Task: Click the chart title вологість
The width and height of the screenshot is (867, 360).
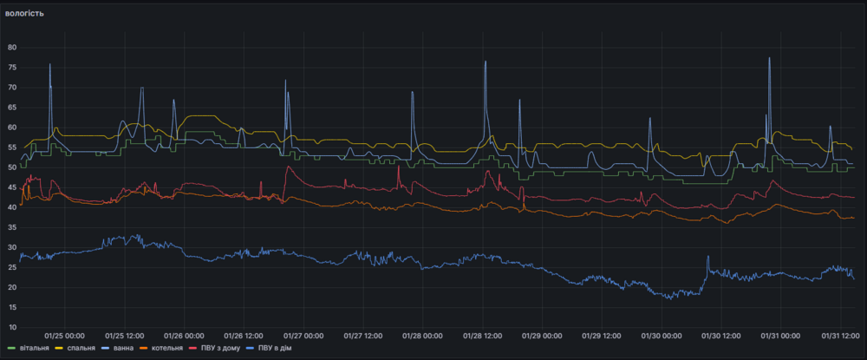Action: [24, 14]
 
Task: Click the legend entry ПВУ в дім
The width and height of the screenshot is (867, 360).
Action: [268, 349]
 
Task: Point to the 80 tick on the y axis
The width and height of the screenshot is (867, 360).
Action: [13, 47]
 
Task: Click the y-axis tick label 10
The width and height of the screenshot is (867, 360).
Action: [13, 327]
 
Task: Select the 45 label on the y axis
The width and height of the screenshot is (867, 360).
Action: [13, 187]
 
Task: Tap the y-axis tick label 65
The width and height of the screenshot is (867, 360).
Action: [13, 107]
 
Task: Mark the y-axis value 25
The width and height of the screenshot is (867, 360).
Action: [13, 267]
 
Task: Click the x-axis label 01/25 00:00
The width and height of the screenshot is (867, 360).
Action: [63, 336]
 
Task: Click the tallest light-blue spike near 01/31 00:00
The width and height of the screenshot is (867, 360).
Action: [769, 59]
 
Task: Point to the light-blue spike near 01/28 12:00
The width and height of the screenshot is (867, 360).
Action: [486, 62]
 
